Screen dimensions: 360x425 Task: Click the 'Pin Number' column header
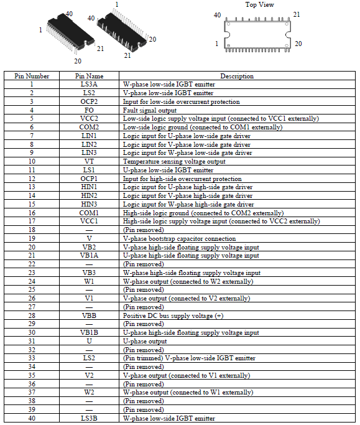(x=32, y=76)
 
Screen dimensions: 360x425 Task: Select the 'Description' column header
(x=237, y=76)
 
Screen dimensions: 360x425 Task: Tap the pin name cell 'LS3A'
(x=89, y=84)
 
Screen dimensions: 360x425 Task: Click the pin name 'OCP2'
(x=89, y=101)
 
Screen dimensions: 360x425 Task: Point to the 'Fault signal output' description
(x=150, y=110)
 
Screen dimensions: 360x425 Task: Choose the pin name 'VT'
(x=89, y=162)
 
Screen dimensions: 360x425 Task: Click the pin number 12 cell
(x=32, y=179)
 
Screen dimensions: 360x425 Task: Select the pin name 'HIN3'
(x=89, y=204)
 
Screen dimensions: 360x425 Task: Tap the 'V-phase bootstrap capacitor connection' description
(x=179, y=239)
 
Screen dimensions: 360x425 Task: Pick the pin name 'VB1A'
(x=89, y=256)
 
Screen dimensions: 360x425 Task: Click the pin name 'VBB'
(x=89, y=315)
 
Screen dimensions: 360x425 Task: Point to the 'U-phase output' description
(x=145, y=342)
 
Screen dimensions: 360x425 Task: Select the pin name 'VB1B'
(x=89, y=332)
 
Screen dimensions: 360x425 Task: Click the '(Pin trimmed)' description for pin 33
(x=143, y=358)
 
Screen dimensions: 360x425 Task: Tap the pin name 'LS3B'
(x=89, y=418)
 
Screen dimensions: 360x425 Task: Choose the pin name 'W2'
(x=89, y=393)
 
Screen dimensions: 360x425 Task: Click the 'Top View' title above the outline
(x=259, y=4)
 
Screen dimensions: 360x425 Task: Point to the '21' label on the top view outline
(x=297, y=15)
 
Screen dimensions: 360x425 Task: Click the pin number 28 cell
(x=32, y=315)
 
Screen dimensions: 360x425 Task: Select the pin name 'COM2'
(x=89, y=128)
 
